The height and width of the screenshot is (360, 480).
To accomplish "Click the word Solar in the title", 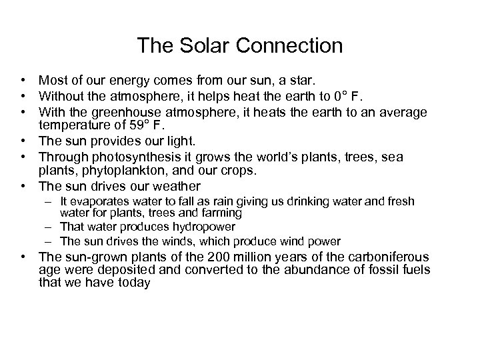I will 201,46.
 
